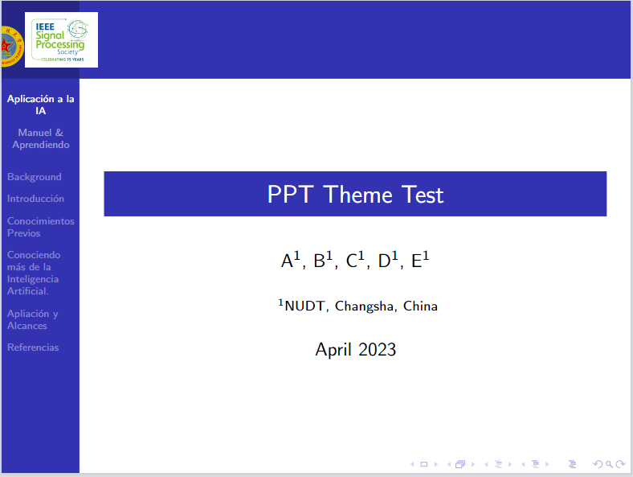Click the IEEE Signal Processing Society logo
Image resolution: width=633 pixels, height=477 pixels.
[61, 39]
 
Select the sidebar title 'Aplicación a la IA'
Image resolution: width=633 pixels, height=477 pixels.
[40, 105]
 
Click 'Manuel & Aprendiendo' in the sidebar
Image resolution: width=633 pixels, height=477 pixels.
[40, 138]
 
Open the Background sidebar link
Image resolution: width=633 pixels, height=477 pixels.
[34, 177]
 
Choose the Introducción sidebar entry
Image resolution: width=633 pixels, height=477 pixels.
[35, 199]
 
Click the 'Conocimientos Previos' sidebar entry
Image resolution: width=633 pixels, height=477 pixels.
[40, 227]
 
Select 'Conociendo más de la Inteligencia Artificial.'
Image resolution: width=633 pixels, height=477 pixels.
[33, 273]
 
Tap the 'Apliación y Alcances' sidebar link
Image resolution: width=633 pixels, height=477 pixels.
[32, 319]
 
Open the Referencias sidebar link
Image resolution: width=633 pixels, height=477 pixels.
[33, 347]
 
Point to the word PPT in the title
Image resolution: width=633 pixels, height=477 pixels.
[292, 195]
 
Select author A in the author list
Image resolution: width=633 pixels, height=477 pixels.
[288, 261]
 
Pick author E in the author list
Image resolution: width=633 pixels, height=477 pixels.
[418, 261]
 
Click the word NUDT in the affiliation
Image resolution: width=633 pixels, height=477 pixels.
[305, 306]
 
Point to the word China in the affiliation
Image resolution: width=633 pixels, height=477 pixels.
[420, 306]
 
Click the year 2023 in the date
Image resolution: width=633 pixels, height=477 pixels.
[378, 350]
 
